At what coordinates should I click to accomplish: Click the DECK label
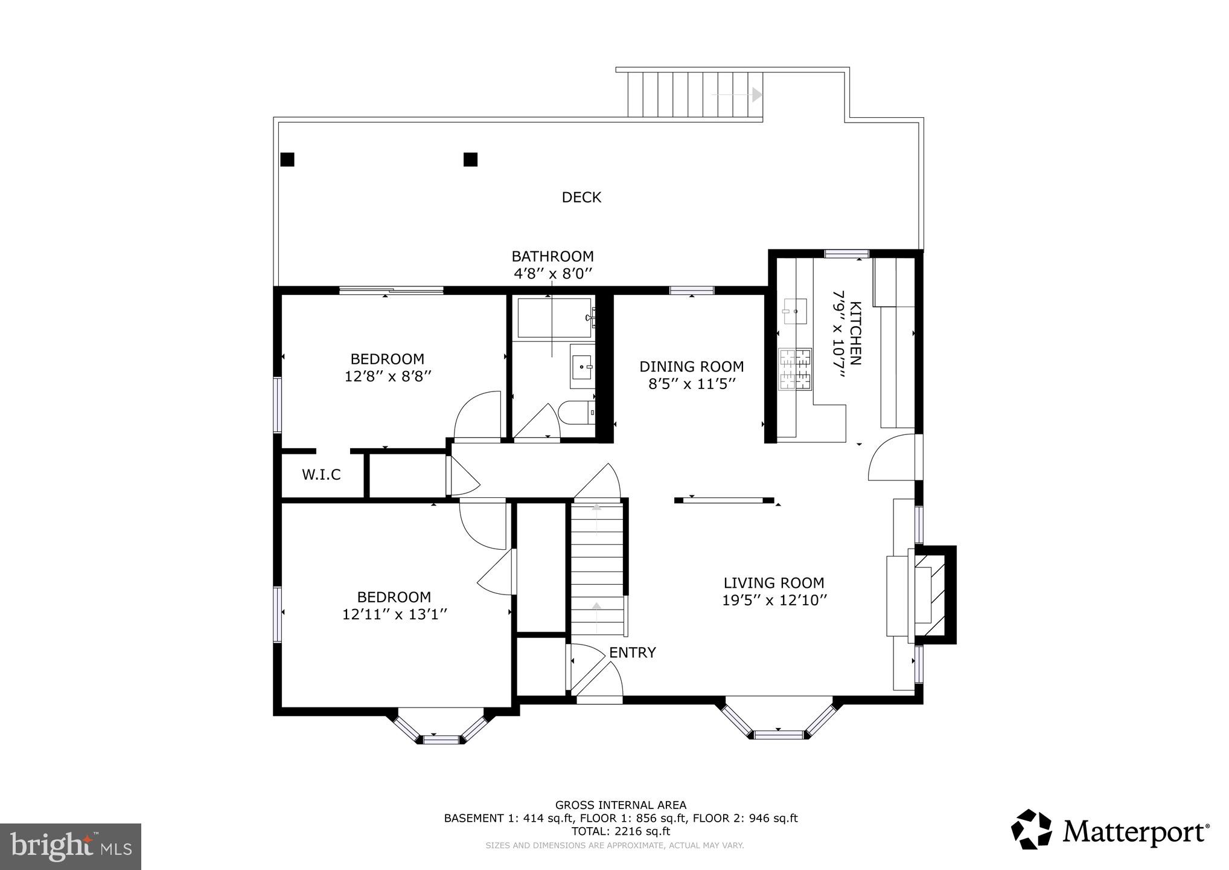click(x=581, y=198)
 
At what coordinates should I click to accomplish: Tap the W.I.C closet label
click(x=321, y=475)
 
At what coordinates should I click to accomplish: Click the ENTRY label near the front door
click(x=632, y=652)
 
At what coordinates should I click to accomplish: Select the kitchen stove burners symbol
click(x=795, y=369)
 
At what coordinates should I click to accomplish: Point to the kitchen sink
click(x=794, y=311)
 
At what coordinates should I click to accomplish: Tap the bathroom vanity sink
click(x=583, y=366)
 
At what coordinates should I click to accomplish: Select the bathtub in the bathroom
click(x=554, y=318)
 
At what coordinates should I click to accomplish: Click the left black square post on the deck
click(x=287, y=159)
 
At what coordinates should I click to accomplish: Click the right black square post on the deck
click(x=470, y=159)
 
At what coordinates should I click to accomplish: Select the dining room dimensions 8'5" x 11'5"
click(x=692, y=384)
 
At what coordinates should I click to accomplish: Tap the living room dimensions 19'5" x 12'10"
click(x=774, y=601)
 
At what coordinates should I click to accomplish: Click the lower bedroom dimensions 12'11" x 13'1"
click(x=394, y=614)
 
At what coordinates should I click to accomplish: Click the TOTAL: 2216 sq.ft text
click(x=621, y=831)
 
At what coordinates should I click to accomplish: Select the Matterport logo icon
click(x=1032, y=830)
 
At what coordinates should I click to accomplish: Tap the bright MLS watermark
click(x=71, y=845)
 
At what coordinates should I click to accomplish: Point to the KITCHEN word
click(x=855, y=333)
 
